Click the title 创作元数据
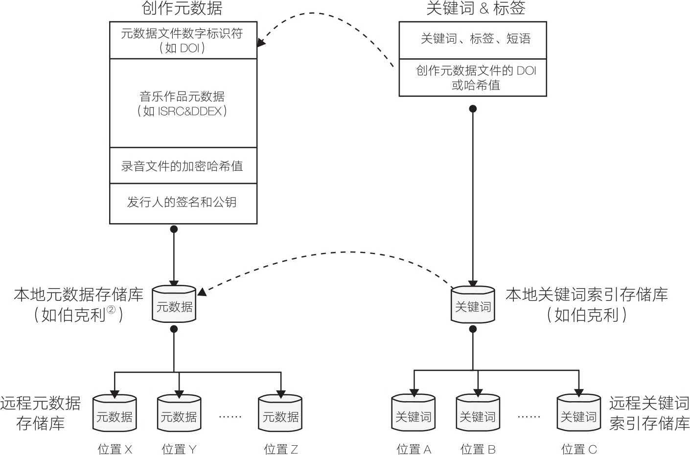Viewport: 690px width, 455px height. click(182, 8)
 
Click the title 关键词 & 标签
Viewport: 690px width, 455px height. click(475, 8)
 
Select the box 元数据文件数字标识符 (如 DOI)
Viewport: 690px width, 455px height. click(183, 40)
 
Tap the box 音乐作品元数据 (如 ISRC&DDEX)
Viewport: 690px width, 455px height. click(183, 103)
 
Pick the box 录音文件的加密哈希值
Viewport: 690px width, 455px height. click(183, 166)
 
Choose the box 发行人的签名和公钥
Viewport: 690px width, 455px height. click(183, 203)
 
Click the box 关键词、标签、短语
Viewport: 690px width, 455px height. click(473, 39)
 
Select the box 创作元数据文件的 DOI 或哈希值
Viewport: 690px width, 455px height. click(473, 78)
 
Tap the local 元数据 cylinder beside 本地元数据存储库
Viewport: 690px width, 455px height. click(174, 305)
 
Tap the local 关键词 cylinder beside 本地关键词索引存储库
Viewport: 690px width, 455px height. click(473, 306)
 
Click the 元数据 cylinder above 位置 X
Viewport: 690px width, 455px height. click(115, 414)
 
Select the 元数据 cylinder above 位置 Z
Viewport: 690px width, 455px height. click(280, 414)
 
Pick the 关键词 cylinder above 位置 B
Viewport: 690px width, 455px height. click(478, 414)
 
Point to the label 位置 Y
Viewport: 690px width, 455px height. click(179, 449)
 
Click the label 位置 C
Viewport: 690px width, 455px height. click(579, 449)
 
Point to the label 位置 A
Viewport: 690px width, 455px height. click(414, 449)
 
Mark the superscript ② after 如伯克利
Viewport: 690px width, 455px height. click(111, 310)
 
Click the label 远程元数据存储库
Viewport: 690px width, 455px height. click(41, 413)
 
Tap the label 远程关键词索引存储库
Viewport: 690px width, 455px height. click(649, 413)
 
